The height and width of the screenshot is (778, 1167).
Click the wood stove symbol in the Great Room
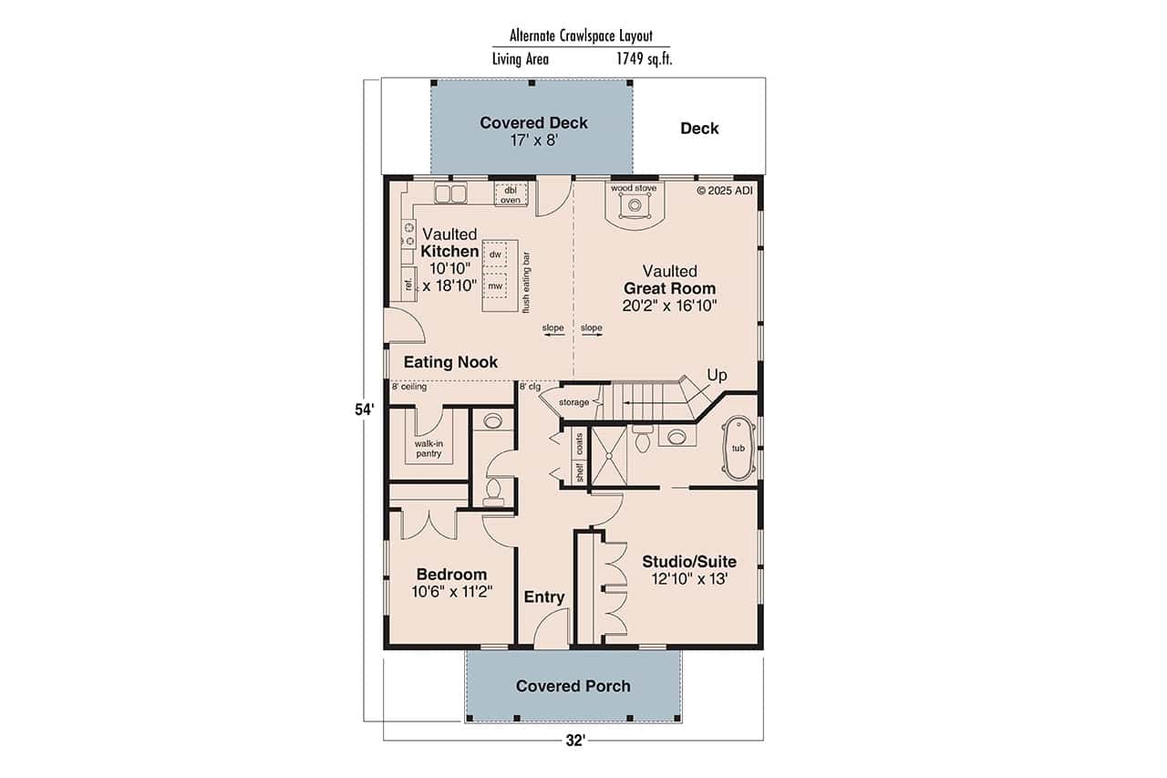pyautogui.click(x=634, y=207)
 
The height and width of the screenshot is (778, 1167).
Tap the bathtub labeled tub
pyautogui.click(x=738, y=449)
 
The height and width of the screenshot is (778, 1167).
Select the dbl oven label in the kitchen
pyautogui.click(x=510, y=194)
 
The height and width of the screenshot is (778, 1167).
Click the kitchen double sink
pyautogui.click(x=450, y=193)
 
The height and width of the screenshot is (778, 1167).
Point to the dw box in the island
pyautogui.click(x=495, y=254)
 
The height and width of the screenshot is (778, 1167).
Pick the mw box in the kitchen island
pyautogui.click(x=495, y=285)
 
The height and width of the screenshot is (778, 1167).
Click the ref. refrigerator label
pyautogui.click(x=408, y=285)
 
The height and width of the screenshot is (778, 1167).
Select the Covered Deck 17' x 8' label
pyautogui.click(x=533, y=130)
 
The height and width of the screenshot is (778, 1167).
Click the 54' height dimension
pyautogui.click(x=365, y=410)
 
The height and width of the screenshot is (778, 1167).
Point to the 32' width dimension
pyautogui.click(x=573, y=741)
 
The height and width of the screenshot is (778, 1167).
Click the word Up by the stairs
pyautogui.click(x=718, y=375)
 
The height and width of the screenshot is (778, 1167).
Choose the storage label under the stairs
pyautogui.click(x=573, y=402)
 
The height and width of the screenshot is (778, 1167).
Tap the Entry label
pyautogui.click(x=544, y=597)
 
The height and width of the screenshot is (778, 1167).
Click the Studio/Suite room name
pyautogui.click(x=688, y=561)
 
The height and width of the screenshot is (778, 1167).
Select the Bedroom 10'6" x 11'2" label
pyautogui.click(x=451, y=582)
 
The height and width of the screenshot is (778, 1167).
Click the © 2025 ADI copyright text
pyautogui.click(x=726, y=191)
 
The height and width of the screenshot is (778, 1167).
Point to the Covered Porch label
pyautogui.click(x=573, y=686)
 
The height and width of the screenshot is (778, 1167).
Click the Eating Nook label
pyautogui.click(x=450, y=362)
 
